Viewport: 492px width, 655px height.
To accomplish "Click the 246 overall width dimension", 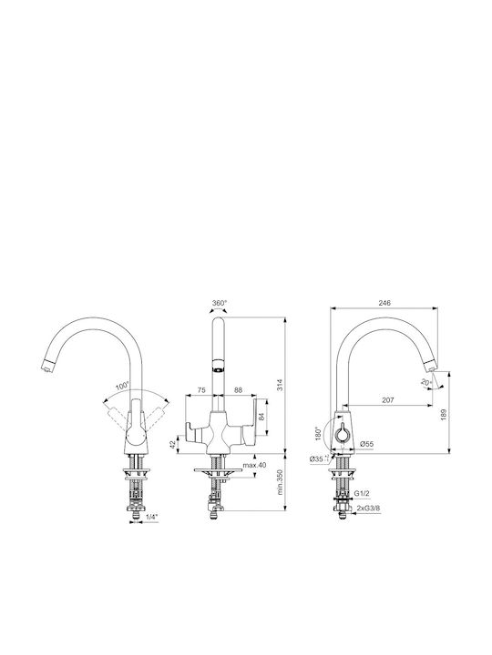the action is point(384,303).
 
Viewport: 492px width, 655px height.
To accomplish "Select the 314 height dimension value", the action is point(281,384).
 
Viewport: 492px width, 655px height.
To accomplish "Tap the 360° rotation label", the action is point(220,302).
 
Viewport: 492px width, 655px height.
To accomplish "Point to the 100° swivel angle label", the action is point(123,386).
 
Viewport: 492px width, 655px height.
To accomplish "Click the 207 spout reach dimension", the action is point(388,399).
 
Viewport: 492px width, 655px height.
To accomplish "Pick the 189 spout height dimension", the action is point(444,414).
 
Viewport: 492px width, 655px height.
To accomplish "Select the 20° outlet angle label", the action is point(426,382).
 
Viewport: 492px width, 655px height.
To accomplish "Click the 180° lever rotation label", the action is point(318,434).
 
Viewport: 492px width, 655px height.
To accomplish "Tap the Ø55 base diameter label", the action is point(366,444).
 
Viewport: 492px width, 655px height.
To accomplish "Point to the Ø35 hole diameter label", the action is point(317,458).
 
